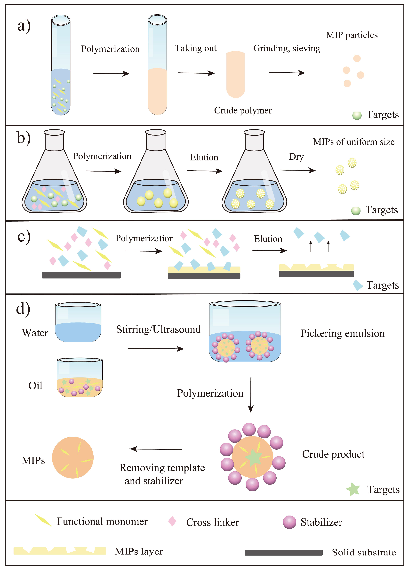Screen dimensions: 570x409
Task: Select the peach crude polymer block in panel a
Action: click(x=236, y=74)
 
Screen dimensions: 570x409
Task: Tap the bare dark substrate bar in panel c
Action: click(x=81, y=275)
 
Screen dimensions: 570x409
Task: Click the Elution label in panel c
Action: click(x=268, y=239)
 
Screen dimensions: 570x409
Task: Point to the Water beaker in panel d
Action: click(x=78, y=322)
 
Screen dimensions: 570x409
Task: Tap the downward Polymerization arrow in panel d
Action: click(x=251, y=395)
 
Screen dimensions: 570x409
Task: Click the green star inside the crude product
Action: click(x=253, y=457)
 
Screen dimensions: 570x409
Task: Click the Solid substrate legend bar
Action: click(x=283, y=552)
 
